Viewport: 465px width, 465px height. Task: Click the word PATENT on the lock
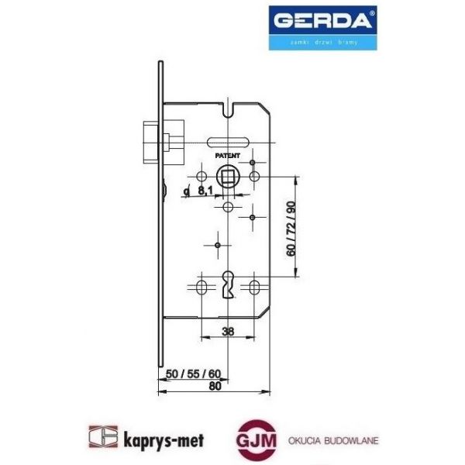228,157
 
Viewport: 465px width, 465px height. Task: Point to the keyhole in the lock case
227,288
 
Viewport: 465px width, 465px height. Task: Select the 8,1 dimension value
205,190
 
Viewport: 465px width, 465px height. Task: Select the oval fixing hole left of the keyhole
201,288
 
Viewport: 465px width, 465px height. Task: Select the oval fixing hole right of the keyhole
253,288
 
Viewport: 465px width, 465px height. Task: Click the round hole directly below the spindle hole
227,208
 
